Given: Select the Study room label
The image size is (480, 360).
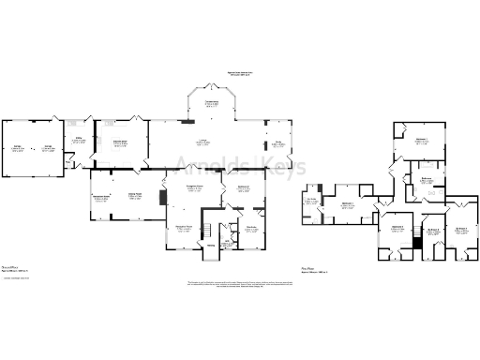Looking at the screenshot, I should click(278, 143).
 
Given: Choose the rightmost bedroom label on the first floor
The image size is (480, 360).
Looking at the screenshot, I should click(461, 228).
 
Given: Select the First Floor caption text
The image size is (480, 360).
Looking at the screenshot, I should click(307, 266).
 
